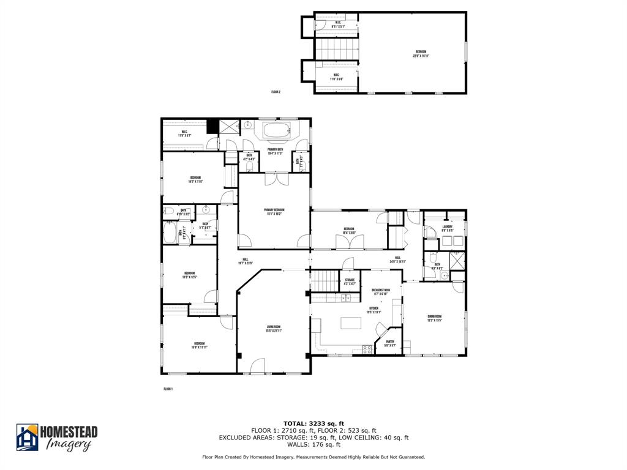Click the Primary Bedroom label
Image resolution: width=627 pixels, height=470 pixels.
(274, 212)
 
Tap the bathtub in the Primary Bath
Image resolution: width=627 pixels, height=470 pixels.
(278, 131)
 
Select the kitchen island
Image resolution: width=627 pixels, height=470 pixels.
(351, 323)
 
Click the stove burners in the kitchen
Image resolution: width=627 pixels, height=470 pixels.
(367, 349)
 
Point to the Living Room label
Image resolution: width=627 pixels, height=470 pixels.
(273, 329)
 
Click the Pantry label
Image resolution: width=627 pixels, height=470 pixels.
(390, 343)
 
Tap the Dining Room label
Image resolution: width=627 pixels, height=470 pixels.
(435, 318)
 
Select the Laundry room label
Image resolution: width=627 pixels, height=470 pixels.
(447, 228)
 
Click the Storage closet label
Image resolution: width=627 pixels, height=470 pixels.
(349, 282)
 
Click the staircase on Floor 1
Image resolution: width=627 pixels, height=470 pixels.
(327, 282)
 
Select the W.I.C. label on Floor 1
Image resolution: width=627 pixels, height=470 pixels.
(186, 133)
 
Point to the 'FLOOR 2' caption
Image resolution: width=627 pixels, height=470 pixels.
(276, 92)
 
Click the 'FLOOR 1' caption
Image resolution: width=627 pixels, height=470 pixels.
(168, 389)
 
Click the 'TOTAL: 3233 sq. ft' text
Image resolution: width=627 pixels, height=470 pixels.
(313, 423)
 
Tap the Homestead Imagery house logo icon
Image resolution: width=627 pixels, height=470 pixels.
(27, 438)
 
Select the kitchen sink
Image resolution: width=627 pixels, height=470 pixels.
(346, 298)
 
